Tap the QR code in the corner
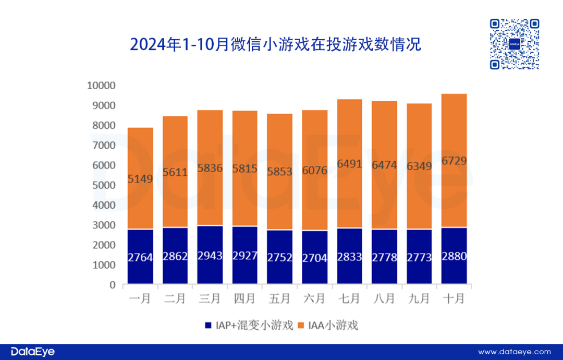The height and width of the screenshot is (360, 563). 514,44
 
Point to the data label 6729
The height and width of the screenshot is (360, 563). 454,160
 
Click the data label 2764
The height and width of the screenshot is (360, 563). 140,257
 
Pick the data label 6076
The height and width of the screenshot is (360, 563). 314,171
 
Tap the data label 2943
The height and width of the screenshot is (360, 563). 210,257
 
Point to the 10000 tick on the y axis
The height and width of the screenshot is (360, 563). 102,85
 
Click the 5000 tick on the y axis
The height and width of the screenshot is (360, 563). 104,185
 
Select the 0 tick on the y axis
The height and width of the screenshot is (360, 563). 112,285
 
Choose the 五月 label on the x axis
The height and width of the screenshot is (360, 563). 279,299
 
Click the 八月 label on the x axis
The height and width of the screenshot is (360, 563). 384,299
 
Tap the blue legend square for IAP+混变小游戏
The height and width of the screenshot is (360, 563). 208,326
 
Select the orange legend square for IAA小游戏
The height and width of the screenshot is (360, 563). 301,326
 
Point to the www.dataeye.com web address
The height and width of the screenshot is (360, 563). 514,352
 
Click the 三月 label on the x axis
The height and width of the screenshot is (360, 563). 210,299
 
